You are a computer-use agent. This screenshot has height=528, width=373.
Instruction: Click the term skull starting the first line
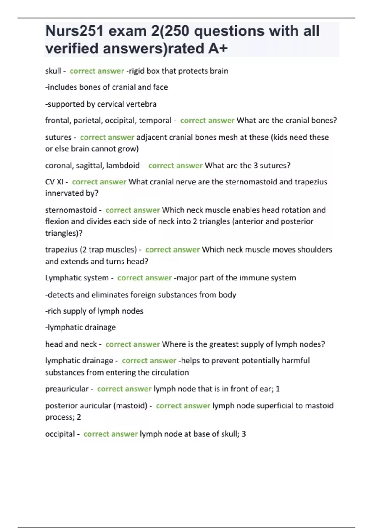tap(53, 71)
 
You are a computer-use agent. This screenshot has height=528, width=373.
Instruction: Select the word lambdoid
tap(123, 166)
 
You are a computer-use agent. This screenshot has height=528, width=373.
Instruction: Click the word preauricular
tap(67, 389)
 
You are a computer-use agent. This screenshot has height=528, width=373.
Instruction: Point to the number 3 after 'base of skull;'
tap(244, 434)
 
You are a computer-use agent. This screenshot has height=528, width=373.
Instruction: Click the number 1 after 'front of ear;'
tap(278, 389)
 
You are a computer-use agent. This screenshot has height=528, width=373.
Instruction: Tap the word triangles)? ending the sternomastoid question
tap(64, 233)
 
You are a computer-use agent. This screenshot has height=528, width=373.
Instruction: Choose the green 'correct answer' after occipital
tap(110, 434)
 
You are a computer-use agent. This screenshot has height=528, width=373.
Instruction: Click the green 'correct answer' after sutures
tap(107, 137)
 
